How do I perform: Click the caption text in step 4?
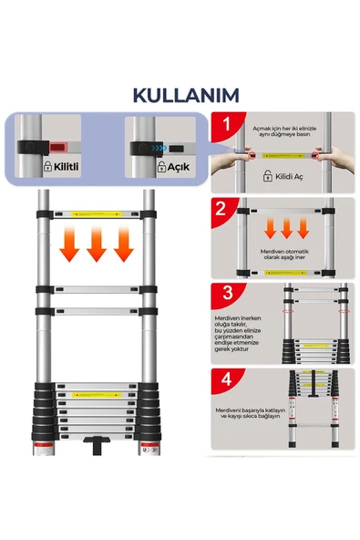coord(244,416)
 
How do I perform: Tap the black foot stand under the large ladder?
coord(96,447)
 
